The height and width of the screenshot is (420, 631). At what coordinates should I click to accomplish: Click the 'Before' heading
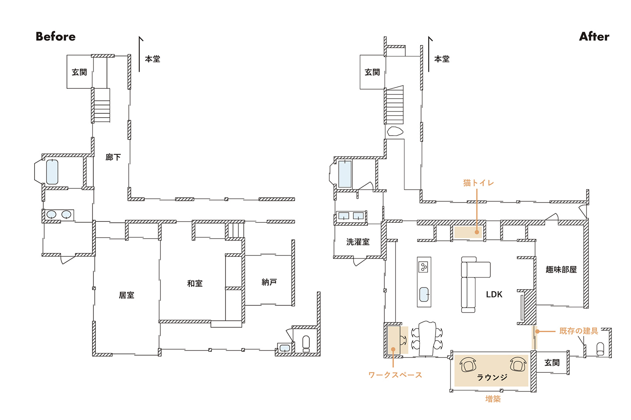point(56,37)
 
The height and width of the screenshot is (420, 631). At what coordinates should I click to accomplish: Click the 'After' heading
point(594,37)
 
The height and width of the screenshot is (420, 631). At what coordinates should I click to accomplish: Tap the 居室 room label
point(127,295)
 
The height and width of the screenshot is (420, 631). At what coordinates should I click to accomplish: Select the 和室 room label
point(195,283)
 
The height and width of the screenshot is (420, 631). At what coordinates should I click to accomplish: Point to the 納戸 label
point(269,282)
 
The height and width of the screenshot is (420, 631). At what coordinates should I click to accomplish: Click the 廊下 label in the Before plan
point(113,157)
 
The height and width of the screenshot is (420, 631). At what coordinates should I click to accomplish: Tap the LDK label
point(494,294)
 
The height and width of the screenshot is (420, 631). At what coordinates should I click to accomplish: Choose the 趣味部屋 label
point(561,269)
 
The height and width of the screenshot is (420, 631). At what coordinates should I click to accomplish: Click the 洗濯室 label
point(358,241)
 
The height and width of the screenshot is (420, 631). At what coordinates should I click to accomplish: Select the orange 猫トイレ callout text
point(479,183)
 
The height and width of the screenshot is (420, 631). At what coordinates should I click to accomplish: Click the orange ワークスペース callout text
point(395,374)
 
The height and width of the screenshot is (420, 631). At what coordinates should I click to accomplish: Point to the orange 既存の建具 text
point(578,331)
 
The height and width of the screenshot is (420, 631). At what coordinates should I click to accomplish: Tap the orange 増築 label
point(493,399)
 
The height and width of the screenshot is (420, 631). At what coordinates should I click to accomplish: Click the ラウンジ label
point(492,377)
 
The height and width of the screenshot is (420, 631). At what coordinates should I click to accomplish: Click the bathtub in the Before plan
point(52,172)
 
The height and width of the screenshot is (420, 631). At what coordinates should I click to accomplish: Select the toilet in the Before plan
point(306,344)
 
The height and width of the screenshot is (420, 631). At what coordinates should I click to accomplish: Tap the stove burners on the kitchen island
point(424,266)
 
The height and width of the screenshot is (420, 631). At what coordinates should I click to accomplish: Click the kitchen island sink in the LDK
point(424,294)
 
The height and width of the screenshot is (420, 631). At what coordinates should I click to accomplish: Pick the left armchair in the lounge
point(468,364)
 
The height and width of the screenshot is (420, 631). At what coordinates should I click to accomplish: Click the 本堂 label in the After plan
point(442,59)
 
